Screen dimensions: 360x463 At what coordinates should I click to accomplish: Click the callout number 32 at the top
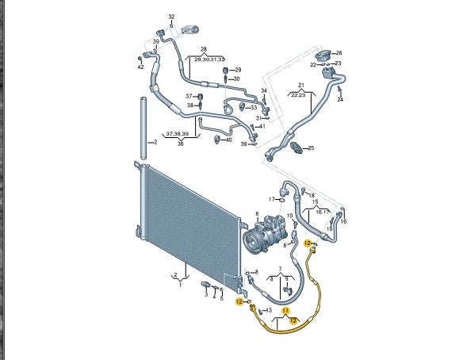click(x=171, y=16)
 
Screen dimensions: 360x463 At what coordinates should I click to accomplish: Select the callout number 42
click(x=140, y=67)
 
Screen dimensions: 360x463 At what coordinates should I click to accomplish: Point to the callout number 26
click(x=339, y=52)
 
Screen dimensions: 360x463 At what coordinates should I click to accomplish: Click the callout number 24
click(x=340, y=100)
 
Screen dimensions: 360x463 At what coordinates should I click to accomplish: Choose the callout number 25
click(x=311, y=148)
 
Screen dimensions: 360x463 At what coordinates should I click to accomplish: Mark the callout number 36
click(x=180, y=144)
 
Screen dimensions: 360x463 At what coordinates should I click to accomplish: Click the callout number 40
click(x=229, y=140)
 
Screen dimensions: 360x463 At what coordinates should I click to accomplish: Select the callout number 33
click(x=253, y=107)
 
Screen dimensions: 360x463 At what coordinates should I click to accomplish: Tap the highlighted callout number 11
click(x=286, y=311)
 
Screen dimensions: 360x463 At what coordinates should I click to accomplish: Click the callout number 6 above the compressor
click(x=257, y=214)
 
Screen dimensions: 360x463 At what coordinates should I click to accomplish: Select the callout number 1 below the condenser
click(x=180, y=285)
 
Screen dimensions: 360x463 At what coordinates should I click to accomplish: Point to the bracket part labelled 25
click(x=296, y=147)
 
